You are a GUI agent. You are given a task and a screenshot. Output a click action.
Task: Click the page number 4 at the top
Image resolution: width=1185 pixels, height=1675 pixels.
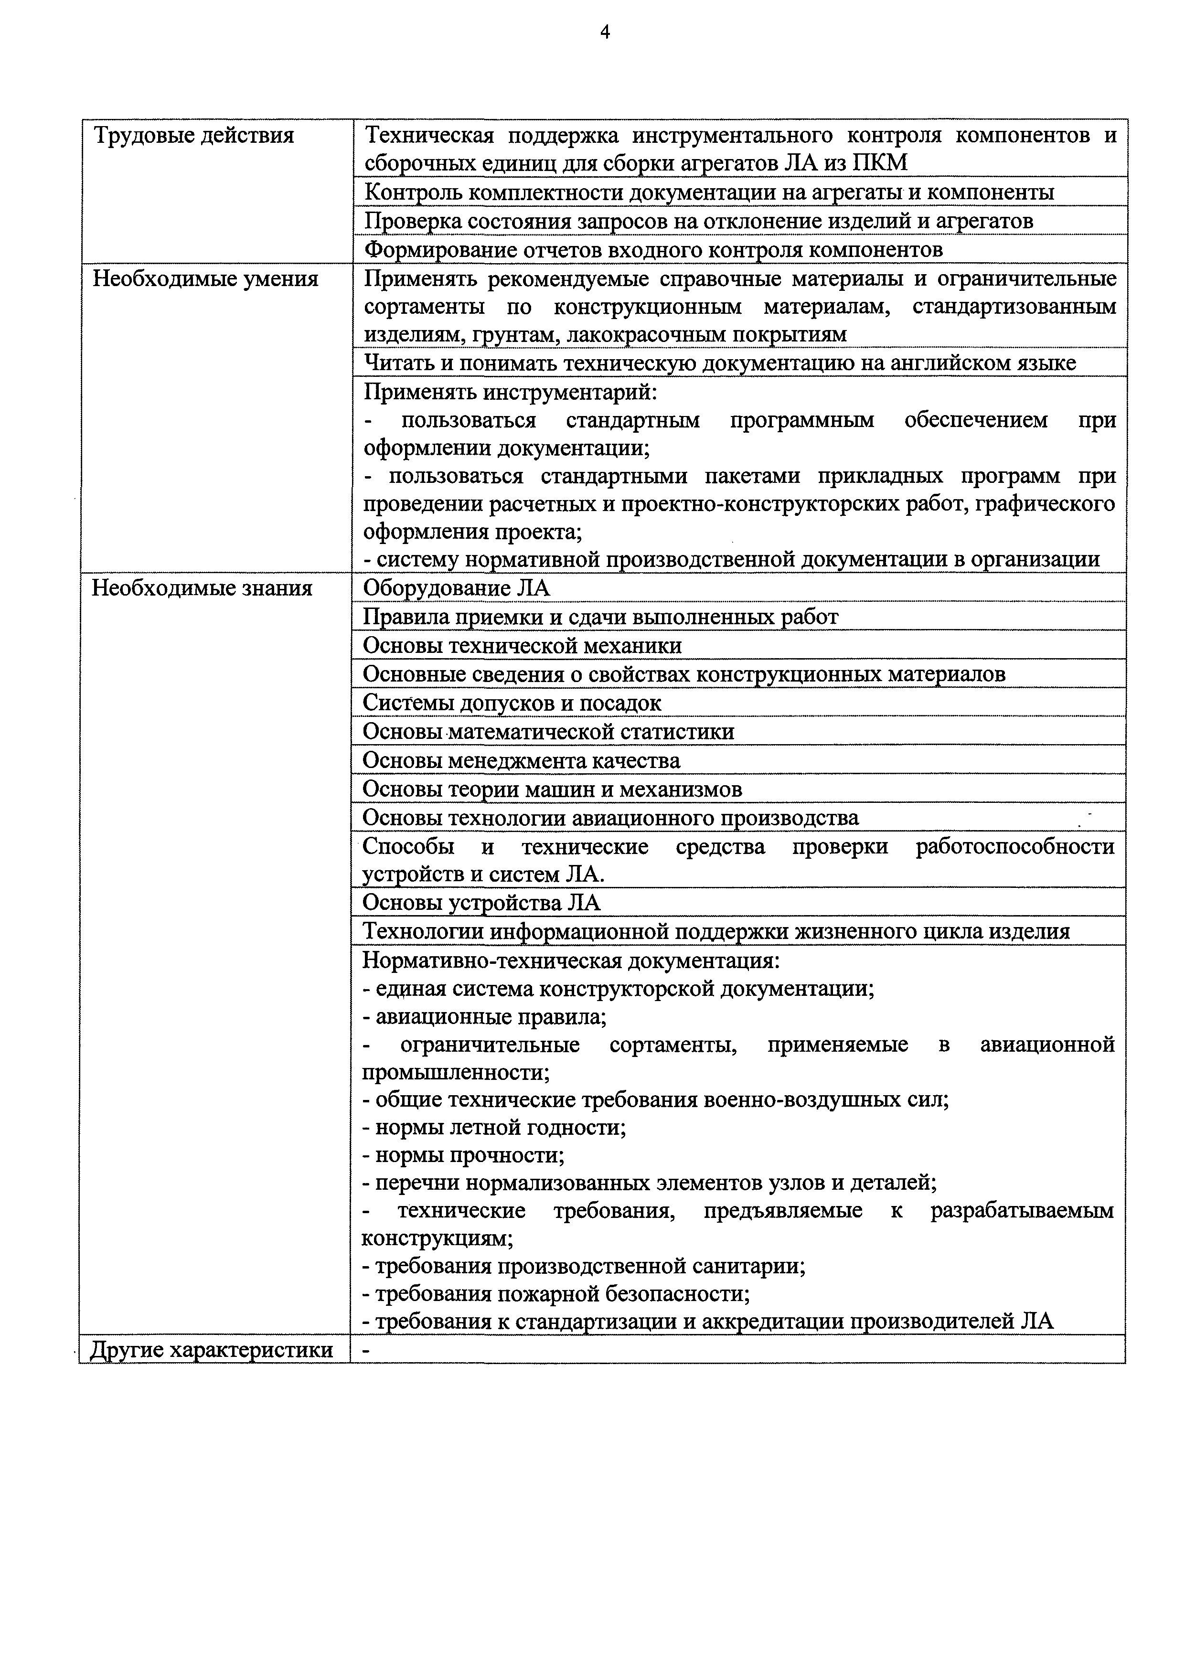pos(605,32)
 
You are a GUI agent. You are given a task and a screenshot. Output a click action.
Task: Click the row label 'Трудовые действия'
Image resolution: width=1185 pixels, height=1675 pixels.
pos(193,136)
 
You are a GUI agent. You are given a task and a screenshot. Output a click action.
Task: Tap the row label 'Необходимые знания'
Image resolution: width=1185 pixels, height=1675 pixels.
pos(202,588)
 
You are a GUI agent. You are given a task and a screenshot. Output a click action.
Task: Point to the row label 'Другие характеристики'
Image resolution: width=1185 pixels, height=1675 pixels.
pos(211,1350)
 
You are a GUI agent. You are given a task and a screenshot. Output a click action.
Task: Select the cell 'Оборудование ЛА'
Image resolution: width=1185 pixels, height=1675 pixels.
pos(456,588)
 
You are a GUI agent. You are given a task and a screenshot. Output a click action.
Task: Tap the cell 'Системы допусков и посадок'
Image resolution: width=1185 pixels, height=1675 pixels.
pos(512,703)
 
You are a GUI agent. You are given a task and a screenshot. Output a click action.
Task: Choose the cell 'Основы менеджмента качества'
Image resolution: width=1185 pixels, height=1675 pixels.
pos(522,761)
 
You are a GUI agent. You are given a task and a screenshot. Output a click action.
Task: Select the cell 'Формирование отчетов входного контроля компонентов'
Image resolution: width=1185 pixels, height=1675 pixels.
pos(653,250)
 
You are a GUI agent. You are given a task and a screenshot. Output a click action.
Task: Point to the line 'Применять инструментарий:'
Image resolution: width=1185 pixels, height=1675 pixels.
pos(511,393)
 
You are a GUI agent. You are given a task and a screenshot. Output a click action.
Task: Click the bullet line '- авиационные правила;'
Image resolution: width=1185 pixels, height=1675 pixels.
pos(484,1016)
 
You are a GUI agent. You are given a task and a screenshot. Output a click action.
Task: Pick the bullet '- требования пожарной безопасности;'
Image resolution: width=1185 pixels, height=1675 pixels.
pos(556,1293)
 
